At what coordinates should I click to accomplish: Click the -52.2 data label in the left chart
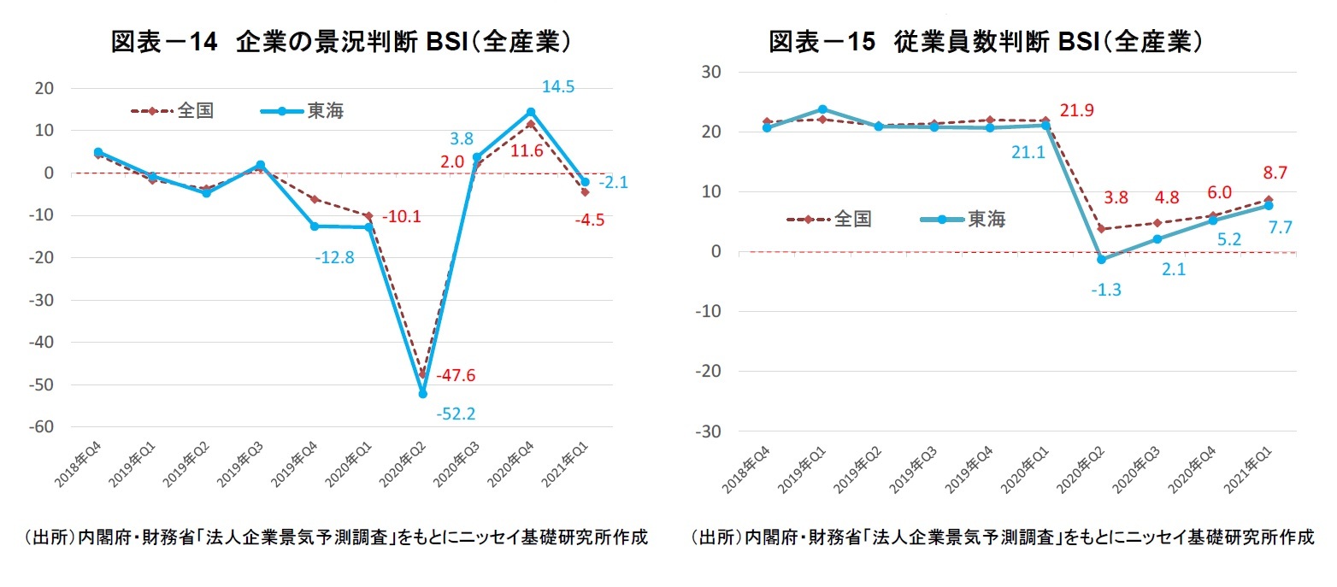point(456,414)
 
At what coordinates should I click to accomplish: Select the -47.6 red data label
point(456,376)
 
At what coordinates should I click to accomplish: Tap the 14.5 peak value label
point(558,87)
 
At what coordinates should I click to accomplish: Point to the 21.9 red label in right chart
point(1077,111)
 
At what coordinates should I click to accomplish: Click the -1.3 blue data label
point(1105,290)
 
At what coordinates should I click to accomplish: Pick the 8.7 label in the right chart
point(1275,173)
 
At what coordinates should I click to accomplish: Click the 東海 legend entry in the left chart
point(303,111)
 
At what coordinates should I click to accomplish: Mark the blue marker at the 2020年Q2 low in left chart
point(422,394)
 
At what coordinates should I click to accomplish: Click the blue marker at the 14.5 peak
point(531,112)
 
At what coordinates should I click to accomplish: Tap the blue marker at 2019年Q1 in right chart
point(822,109)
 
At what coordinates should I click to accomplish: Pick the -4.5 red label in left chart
point(591,220)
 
